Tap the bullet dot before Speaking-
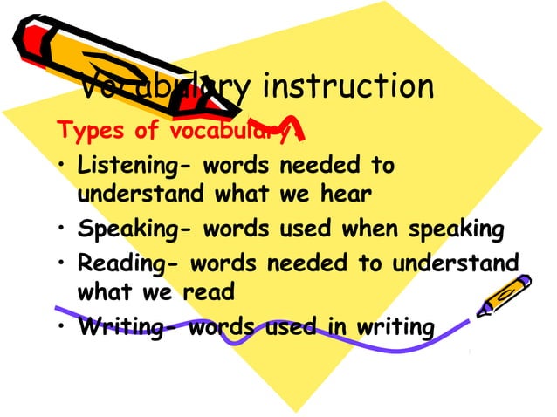63,231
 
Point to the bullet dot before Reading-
63,263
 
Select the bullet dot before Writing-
63,328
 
